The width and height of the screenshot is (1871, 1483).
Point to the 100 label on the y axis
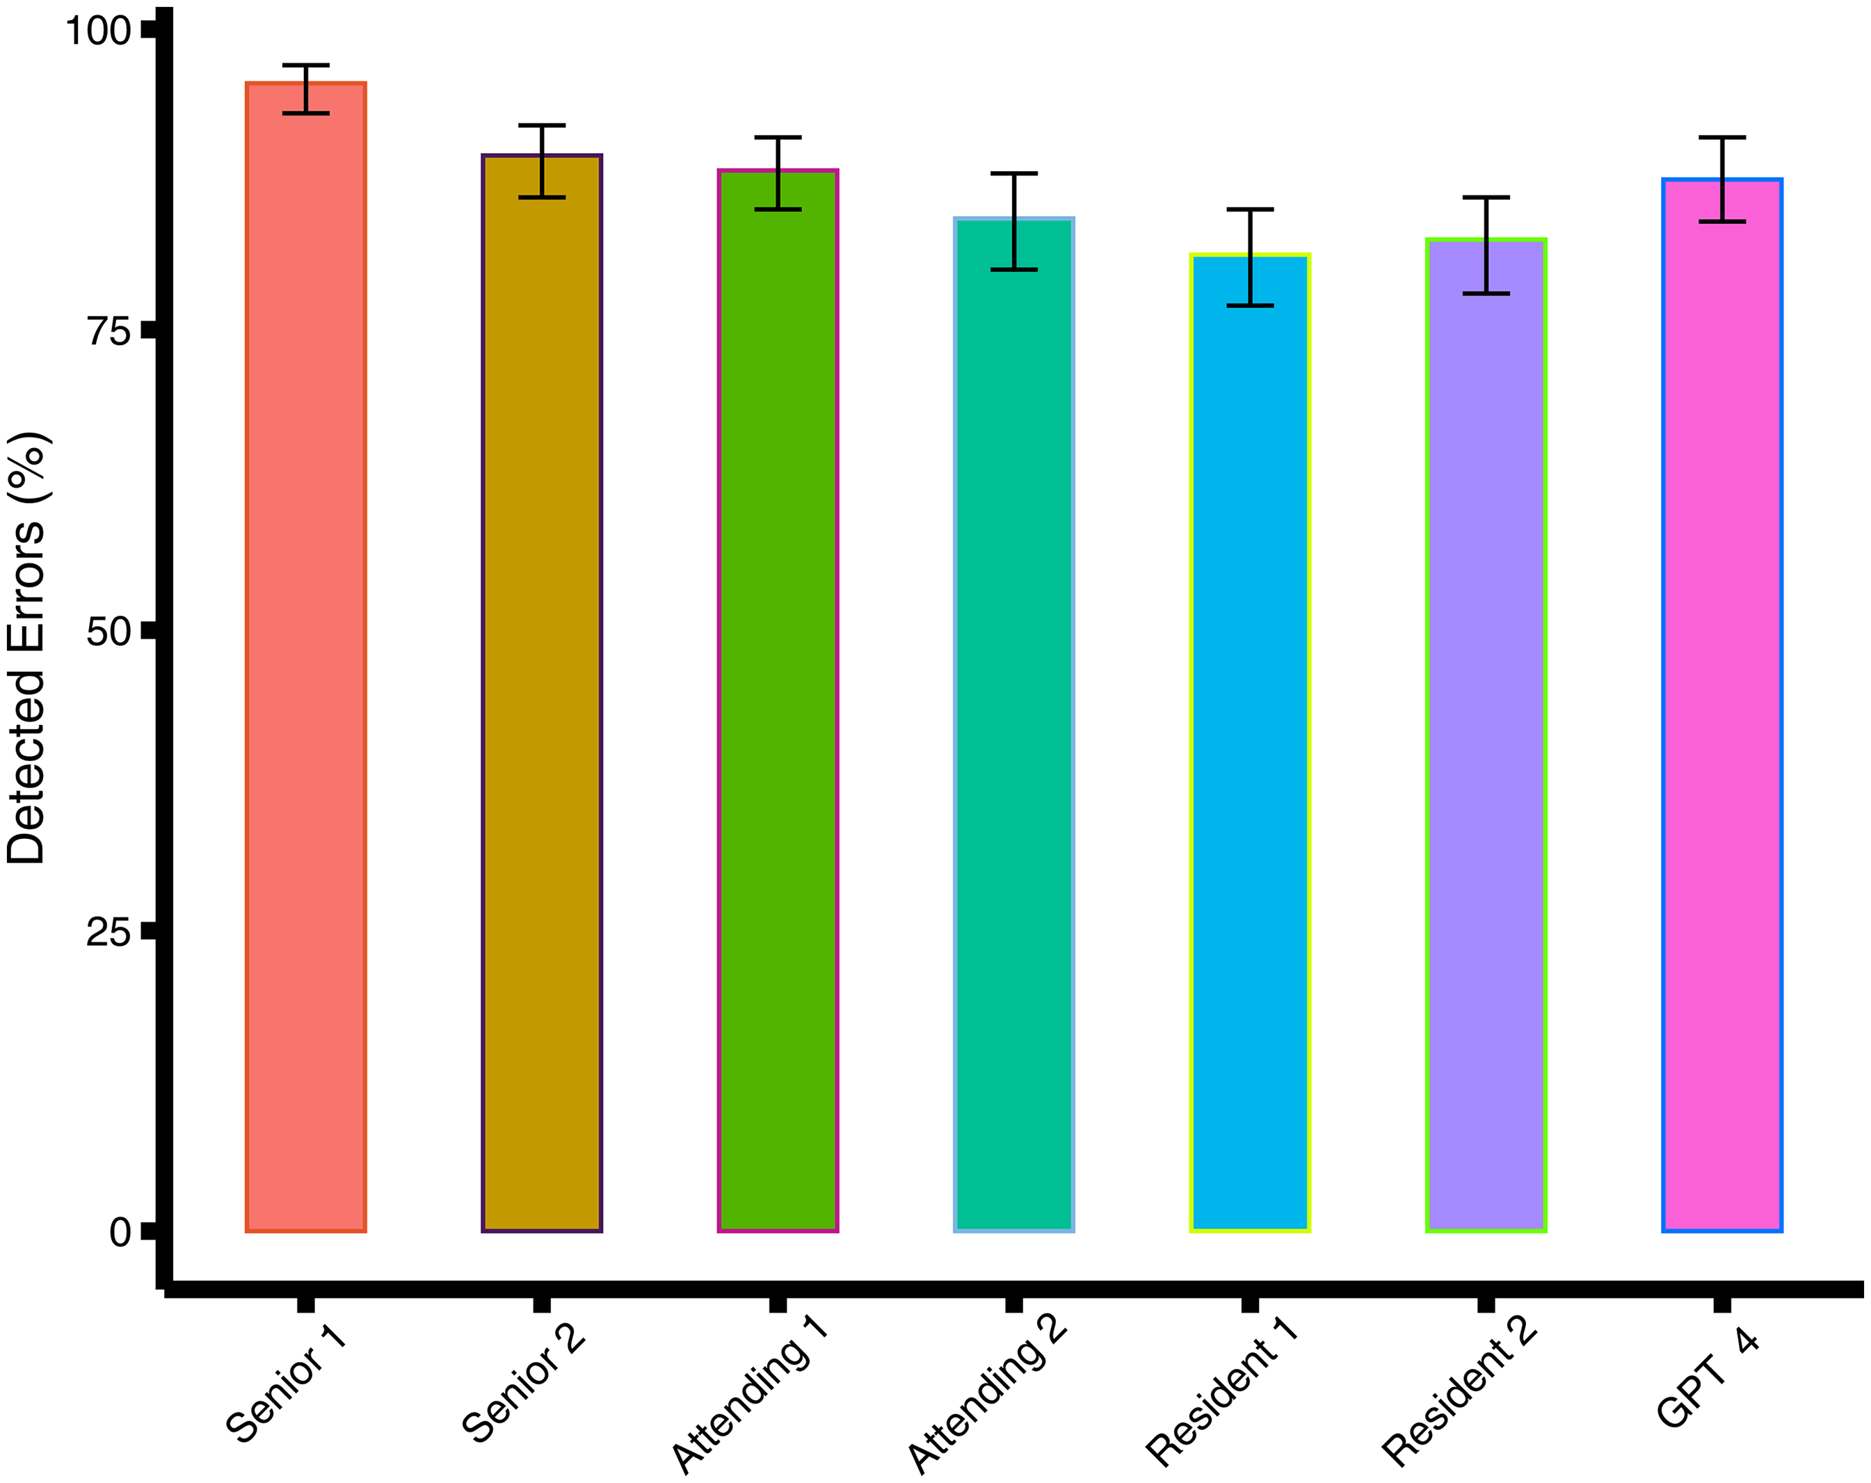coord(98,31)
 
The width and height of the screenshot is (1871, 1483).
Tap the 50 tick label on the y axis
coord(109,632)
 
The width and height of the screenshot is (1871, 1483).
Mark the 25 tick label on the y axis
coord(109,932)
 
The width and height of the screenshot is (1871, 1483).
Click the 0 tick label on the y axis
coord(120,1232)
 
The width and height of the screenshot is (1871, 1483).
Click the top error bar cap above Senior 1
coord(305,65)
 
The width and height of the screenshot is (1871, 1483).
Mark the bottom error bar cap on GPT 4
coord(1721,222)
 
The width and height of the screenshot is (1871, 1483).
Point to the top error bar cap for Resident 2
coord(1486,198)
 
